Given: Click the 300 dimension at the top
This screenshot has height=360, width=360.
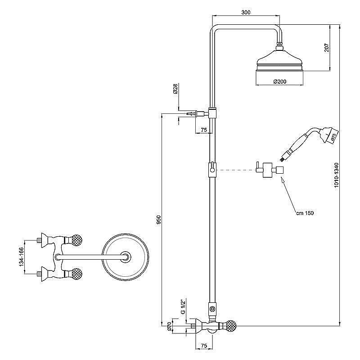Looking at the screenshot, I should (246, 12).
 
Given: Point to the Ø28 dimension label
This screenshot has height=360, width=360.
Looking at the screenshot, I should (176, 89).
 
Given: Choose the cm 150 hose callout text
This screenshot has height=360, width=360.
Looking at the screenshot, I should (305, 213).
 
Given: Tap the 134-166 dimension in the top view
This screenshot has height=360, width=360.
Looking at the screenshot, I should (21, 256).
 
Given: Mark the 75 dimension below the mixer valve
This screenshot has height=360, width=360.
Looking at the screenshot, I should (203, 346).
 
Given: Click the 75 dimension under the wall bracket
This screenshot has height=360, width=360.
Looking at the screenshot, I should (203, 130).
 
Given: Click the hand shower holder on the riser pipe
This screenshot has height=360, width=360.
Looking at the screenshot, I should (211, 170).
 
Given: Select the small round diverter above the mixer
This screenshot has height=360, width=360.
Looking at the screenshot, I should (211, 309).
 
